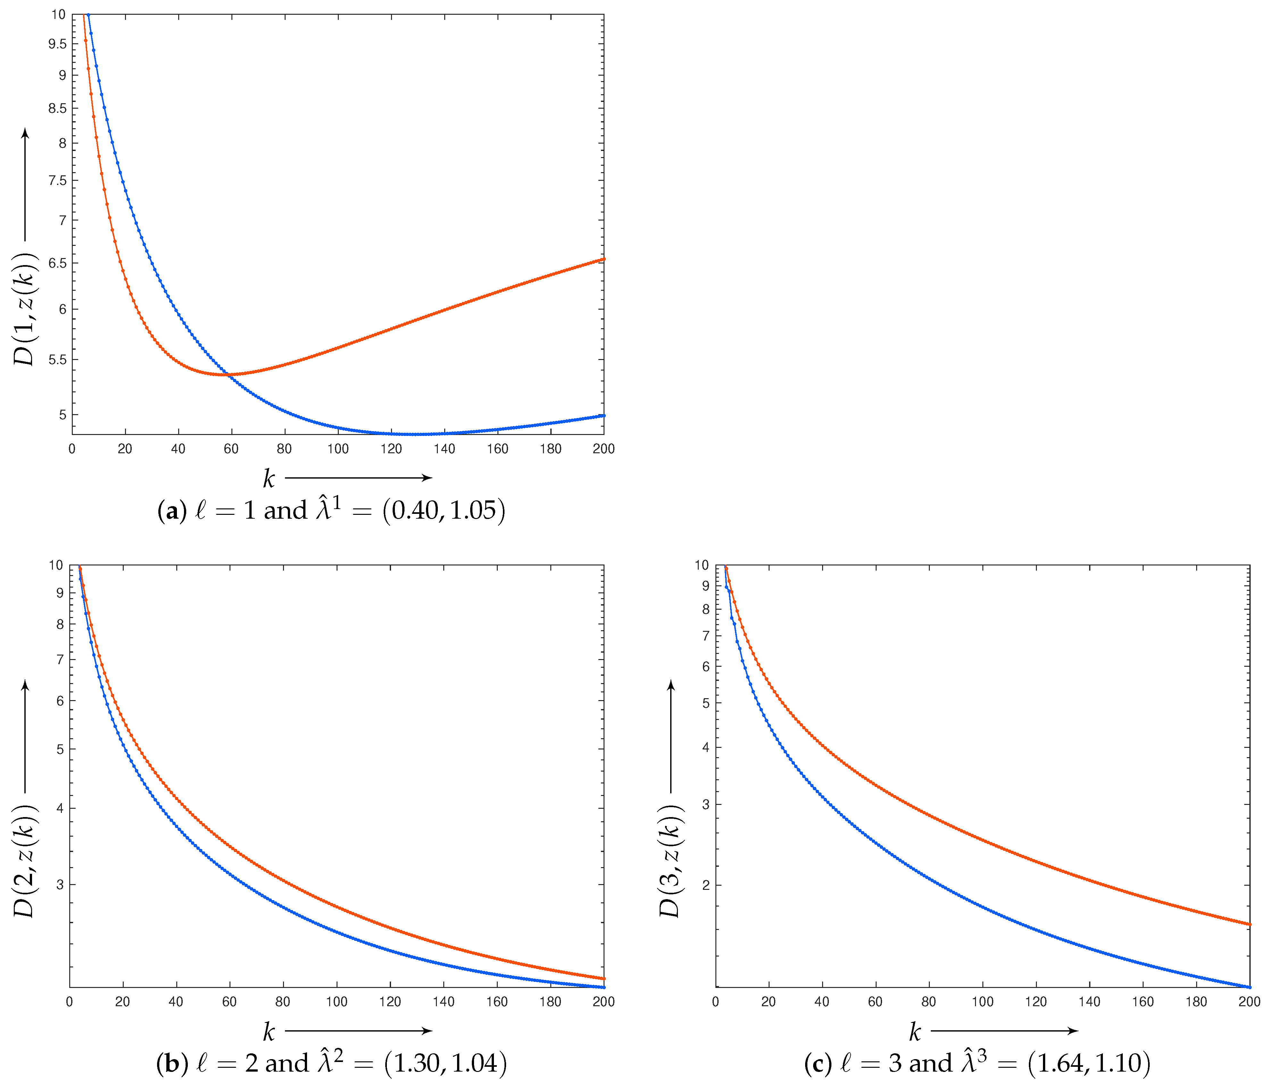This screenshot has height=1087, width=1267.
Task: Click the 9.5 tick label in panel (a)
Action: click(x=58, y=43)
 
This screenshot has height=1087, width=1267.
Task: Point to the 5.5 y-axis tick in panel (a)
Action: click(x=58, y=360)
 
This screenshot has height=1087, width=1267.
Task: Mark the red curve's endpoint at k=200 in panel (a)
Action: click(x=604, y=259)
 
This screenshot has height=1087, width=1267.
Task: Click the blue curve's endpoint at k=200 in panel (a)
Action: click(x=604, y=416)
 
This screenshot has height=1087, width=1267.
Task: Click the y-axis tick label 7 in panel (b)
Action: click(x=60, y=659)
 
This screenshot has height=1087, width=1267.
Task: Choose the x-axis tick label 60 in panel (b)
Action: click(x=229, y=1001)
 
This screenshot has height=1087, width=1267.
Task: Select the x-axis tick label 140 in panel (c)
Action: click(x=1089, y=1001)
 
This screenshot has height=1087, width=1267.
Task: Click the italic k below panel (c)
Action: click(x=914, y=1033)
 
